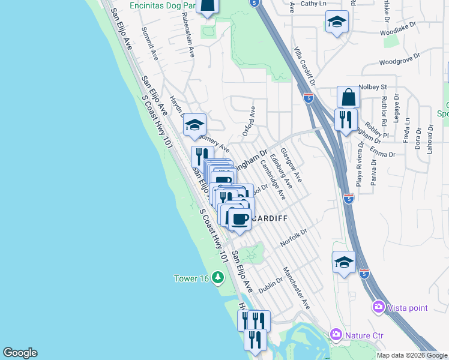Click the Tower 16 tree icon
tap(217, 278)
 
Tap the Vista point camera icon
tap(378, 307)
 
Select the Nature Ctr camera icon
tap(336, 334)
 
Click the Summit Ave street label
tap(149, 44)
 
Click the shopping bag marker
tap(348, 96)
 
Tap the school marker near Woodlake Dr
tap(337, 22)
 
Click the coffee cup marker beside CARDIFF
tap(241, 220)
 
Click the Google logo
tap(20, 353)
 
